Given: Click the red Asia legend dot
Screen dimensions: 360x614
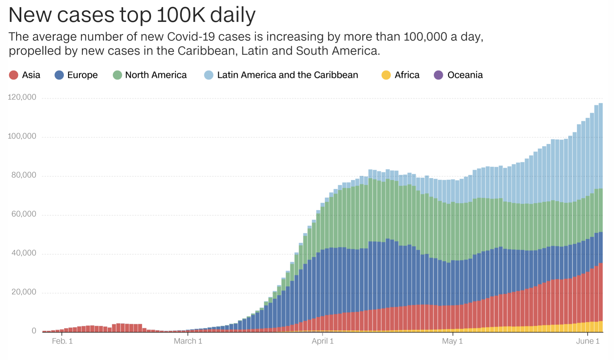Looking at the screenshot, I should pos(14,75).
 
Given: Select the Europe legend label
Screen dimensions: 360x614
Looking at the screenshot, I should pos(82,75).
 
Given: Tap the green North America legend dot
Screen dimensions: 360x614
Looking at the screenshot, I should pos(117,75).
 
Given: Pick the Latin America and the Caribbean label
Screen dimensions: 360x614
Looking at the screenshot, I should pos(287,75).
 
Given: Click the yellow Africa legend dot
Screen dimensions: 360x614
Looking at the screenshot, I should pos(386,75).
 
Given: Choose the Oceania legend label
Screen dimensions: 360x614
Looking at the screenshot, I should pos(465,75).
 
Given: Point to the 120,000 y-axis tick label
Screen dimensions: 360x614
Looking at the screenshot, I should pos(22,97).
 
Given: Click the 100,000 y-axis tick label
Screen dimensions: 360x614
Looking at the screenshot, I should pos(22,136).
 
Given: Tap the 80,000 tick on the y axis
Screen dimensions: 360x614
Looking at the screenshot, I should pos(24,175).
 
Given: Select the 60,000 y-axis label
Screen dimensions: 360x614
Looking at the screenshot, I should pos(24,214).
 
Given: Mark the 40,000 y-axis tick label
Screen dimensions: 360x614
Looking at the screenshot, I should pos(24,253).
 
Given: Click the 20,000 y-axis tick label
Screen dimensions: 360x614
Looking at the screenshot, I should pos(24,292).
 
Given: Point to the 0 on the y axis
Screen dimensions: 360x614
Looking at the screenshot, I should pos(34,331).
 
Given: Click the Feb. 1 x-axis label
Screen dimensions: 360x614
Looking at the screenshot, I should pos(62,341).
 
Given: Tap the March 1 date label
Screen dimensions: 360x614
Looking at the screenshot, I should pos(188,341).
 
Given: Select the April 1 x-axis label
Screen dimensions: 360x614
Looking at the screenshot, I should pos(322,341).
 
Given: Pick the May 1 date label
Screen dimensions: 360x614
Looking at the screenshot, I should pos(452,341).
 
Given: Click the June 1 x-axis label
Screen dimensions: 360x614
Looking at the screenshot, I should pos(588,341).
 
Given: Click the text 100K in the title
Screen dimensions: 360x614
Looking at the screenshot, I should pos(181,15).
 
